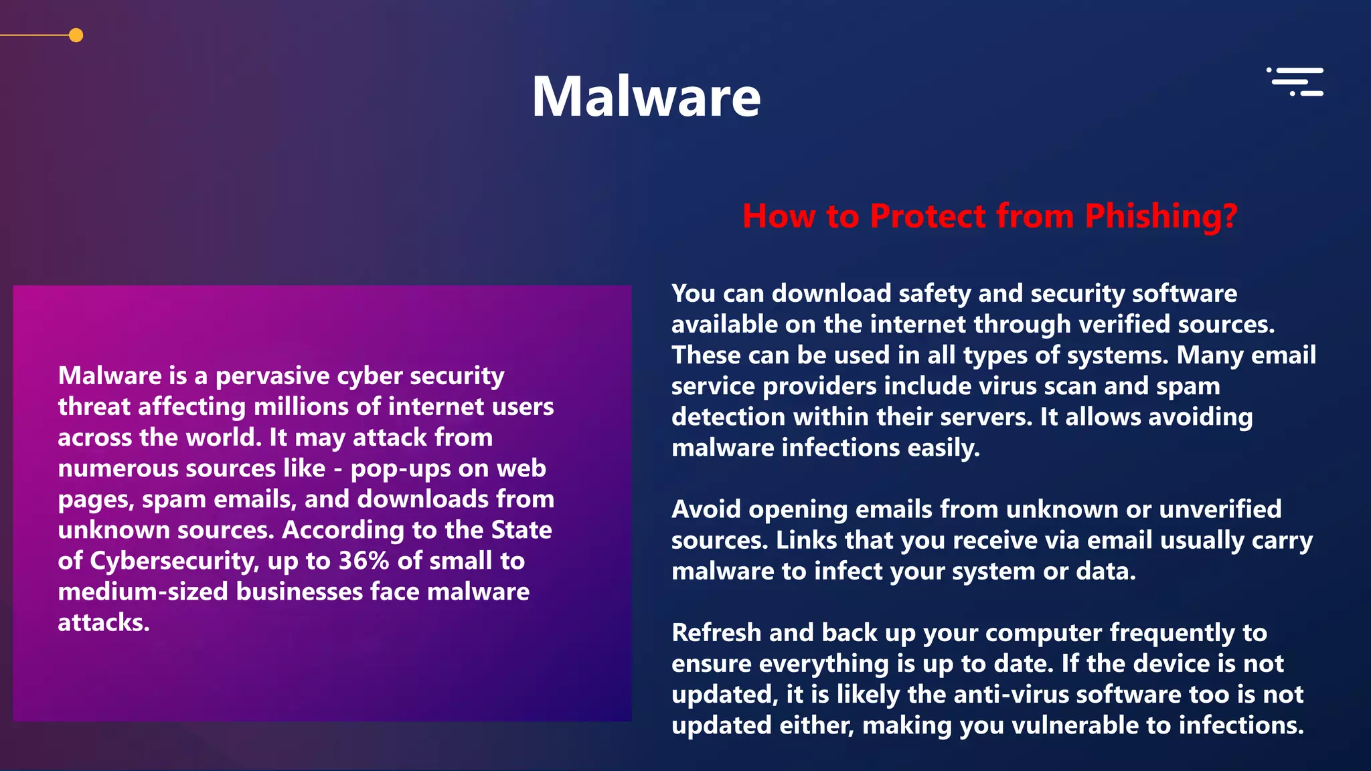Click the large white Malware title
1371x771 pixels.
(646, 97)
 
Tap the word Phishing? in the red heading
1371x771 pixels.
(1161, 216)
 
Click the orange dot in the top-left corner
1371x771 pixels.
(76, 35)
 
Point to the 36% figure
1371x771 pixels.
(364, 561)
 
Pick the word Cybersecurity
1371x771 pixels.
(173, 561)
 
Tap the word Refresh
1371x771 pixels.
(716, 632)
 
